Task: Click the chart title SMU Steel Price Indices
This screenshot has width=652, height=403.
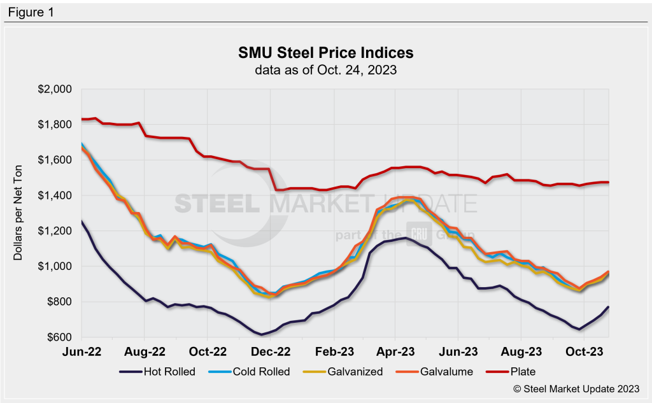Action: (326, 52)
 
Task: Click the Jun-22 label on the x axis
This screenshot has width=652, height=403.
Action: (83, 351)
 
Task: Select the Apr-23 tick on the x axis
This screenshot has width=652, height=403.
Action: (396, 351)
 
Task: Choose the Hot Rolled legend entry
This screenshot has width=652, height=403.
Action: (162, 371)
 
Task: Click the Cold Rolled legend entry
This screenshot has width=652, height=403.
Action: (255, 371)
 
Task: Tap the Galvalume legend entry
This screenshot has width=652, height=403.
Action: (439, 371)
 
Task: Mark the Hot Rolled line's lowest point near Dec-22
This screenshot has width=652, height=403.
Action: (261, 334)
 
